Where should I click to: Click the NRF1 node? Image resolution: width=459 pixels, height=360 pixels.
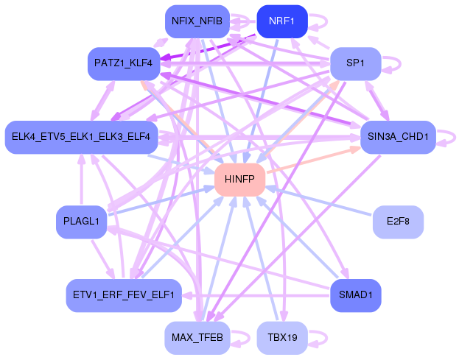282,21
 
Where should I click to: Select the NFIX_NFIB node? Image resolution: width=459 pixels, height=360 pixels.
197,21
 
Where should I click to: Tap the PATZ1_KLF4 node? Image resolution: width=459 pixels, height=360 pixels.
124,63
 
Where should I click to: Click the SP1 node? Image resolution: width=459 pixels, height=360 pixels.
356,63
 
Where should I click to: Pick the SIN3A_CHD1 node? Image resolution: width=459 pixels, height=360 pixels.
398,137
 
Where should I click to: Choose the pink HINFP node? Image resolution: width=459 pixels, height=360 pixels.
239,180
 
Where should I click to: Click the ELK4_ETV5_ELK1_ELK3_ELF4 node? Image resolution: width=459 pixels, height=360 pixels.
81,137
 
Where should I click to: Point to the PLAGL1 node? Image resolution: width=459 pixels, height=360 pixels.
81,222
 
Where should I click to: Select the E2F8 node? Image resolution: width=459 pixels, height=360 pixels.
398,222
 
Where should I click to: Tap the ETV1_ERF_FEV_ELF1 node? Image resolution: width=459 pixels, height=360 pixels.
124,295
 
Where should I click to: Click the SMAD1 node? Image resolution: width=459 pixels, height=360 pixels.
356,295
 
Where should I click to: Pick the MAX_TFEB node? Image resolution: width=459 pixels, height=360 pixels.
197,338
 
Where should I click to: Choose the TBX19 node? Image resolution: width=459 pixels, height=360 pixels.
282,338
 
